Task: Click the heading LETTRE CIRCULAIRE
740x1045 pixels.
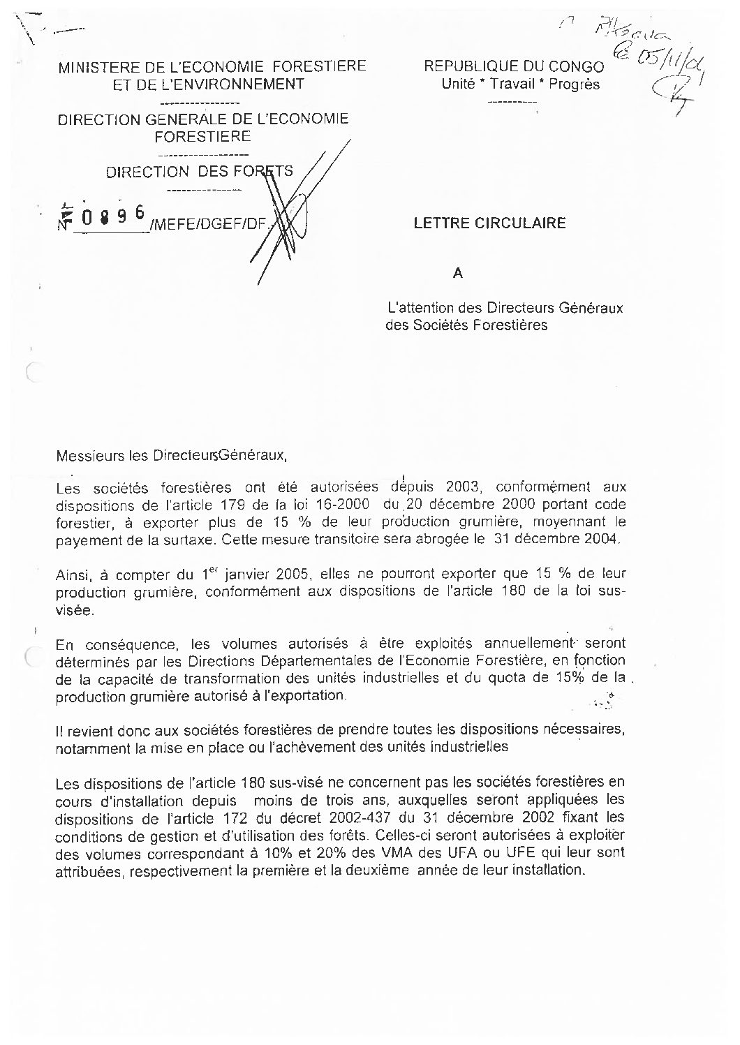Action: pos(489,223)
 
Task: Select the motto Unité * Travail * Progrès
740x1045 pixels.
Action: pos(520,85)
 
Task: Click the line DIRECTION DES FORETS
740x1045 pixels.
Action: pos(200,172)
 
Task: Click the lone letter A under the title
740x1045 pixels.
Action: pos(458,274)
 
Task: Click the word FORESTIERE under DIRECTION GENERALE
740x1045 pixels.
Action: pos(202,137)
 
